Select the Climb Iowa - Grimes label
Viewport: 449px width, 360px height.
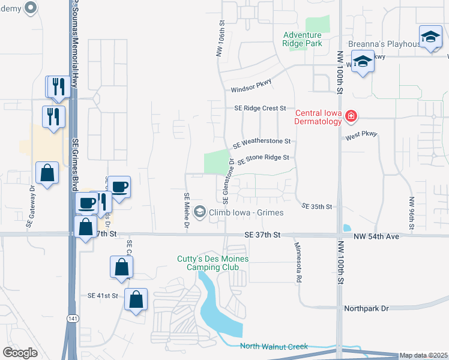click(246, 212)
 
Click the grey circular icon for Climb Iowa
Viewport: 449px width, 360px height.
click(200, 212)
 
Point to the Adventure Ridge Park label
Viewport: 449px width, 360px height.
click(303, 39)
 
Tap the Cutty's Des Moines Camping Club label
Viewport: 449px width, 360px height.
click(213, 263)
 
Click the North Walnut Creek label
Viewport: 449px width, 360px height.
click(274, 346)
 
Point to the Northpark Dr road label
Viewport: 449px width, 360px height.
click(367, 308)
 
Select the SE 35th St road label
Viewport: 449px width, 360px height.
click(317, 206)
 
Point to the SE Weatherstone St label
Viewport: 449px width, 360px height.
click(262, 142)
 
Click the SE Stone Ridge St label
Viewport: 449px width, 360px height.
click(264, 158)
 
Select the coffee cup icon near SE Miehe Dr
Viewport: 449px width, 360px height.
click(119, 188)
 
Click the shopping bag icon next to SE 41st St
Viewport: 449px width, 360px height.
click(136, 299)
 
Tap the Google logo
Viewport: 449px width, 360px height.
click(20, 353)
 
